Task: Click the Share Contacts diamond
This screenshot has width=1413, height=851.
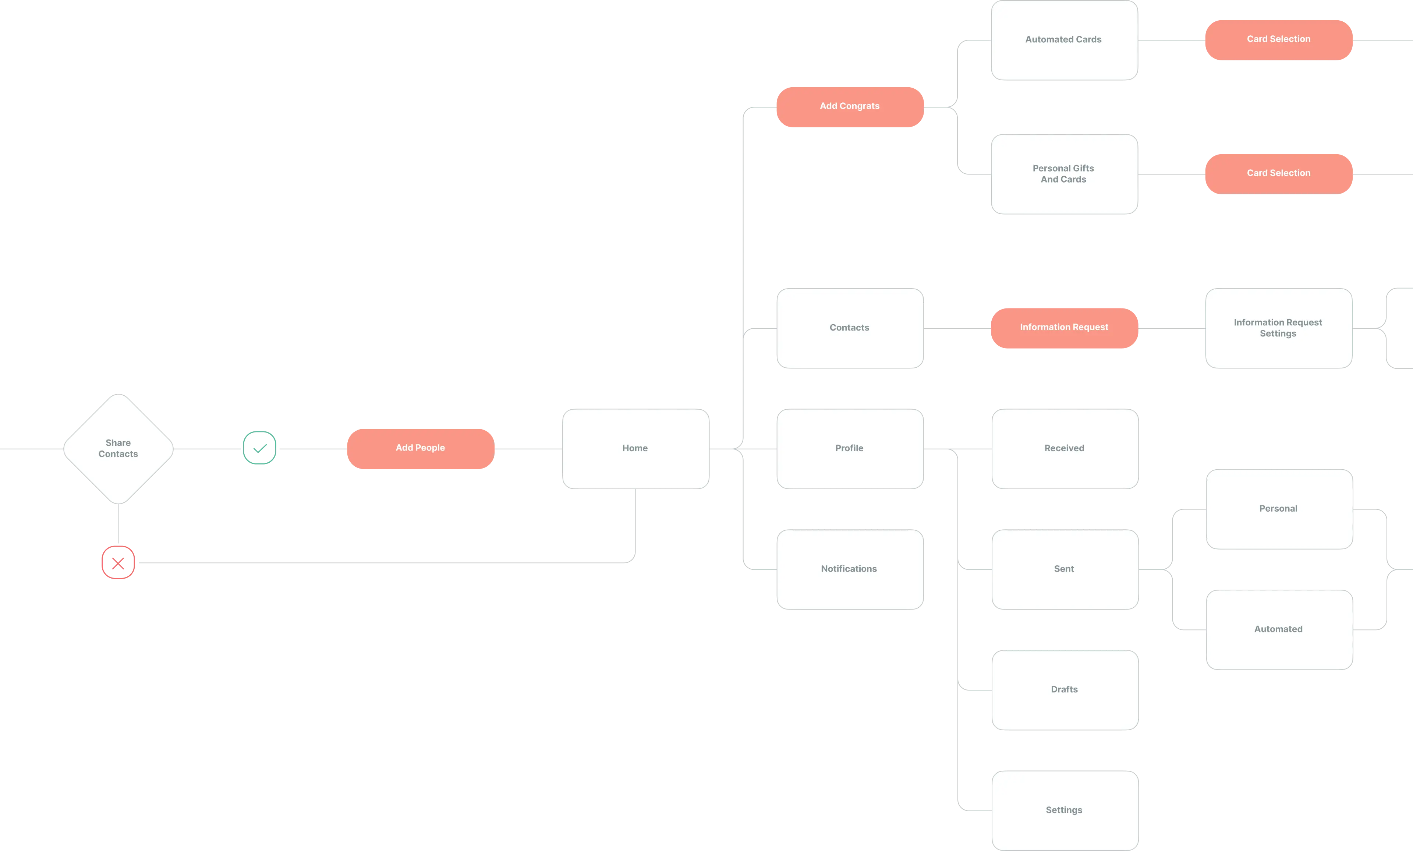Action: pos(118,448)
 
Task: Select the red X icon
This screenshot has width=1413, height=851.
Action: pos(118,562)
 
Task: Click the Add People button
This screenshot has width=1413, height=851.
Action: pos(420,448)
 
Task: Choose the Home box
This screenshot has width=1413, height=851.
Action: pos(635,448)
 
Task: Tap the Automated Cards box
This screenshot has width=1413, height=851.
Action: pos(1063,40)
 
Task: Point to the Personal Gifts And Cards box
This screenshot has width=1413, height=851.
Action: pos(1063,174)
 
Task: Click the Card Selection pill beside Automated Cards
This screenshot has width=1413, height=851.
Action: pos(1278,39)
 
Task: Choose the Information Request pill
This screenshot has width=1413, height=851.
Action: pos(1064,328)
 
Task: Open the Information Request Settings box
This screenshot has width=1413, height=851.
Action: pos(1278,328)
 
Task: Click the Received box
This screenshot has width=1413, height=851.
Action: pos(1064,448)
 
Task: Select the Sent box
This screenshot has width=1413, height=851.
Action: pos(1064,569)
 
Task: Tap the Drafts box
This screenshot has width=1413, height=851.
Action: pos(1064,689)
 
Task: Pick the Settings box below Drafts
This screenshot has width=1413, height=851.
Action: pos(1064,810)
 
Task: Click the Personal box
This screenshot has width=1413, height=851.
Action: pos(1278,509)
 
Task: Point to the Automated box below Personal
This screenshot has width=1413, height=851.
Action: pos(1278,629)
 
